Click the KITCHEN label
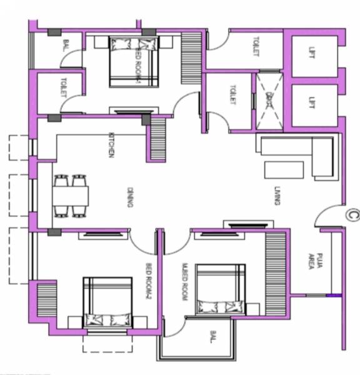tap(112, 144)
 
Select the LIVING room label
tap(276, 195)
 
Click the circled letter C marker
tap(352, 215)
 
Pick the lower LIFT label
tap(312, 101)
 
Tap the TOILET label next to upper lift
tap(255, 47)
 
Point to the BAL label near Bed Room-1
tap(66, 46)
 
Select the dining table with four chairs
tap(70, 196)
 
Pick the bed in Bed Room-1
tap(133, 61)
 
